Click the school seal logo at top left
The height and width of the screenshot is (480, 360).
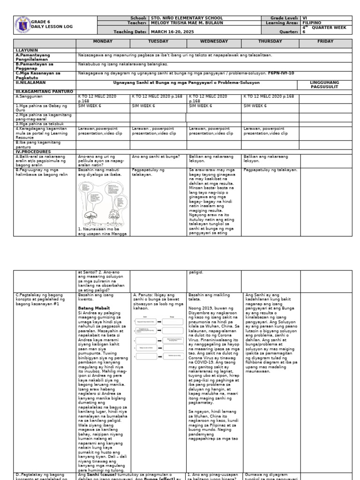[x=22, y=24]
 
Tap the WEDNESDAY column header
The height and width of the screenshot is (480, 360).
[x=214, y=41]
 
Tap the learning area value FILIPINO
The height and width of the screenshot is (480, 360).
[x=312, y=22]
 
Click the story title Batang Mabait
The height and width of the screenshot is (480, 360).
[x=93, y=308]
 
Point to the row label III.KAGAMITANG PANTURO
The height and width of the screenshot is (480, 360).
[x=44, y=91]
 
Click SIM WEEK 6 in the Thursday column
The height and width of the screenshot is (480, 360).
[x=255, y=106]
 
